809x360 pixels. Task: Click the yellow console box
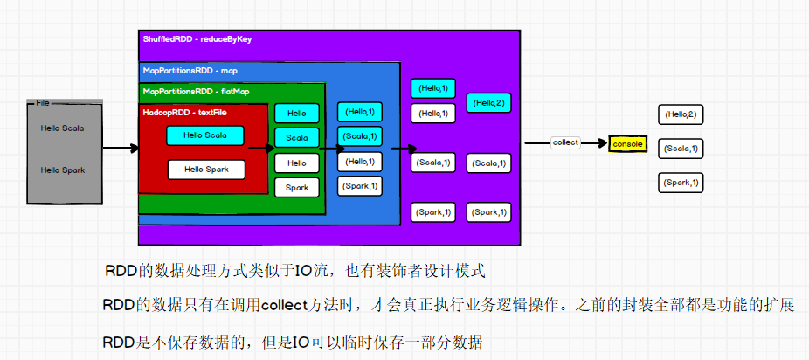[x=626, y=143]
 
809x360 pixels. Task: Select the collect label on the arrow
[x=565, y=142]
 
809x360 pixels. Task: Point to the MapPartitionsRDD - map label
[x=190, y=70]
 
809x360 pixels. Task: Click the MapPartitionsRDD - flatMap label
[x=196, y=91]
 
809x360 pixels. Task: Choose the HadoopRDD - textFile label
[x=178, y=112]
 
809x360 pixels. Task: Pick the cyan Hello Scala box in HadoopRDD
[x=205, y=135]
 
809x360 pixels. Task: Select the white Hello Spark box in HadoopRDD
[x=205, y=170]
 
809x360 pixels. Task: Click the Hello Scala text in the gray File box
[x=63, y=128]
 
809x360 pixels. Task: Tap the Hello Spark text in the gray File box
[x=63, y=170]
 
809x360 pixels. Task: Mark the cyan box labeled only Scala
[x=297, y=137]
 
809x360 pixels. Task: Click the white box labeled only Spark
[x=297, y=187]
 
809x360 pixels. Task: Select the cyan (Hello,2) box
[x=488, y=102]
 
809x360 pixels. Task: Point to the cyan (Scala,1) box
[x=359, y=135]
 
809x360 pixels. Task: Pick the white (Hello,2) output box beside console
[x=681, y=114]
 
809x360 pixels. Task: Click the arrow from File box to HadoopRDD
[x=120, y=148]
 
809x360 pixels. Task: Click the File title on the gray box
[x=42, y=103]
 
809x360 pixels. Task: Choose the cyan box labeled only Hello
[x=297, y=113]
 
